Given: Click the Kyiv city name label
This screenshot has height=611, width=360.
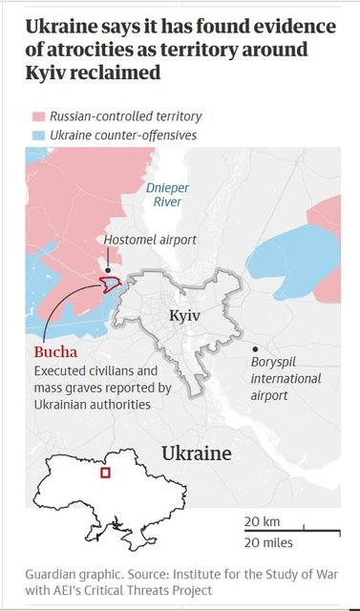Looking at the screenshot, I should point(184,315).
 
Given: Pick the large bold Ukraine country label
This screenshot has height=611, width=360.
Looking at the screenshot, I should point(196,453).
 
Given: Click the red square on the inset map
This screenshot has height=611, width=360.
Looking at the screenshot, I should point(106,473).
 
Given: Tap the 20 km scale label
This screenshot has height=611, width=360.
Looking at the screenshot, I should point(260,521).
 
